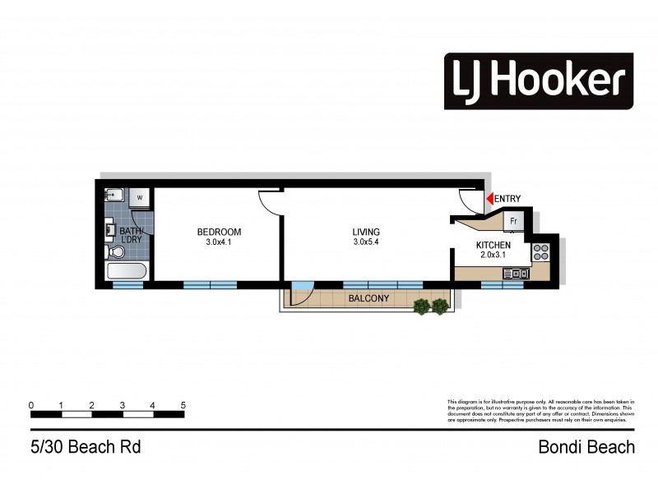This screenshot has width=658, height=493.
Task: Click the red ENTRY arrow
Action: (x=489, y=198)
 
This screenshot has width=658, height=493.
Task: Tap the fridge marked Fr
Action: (x=513, y=221)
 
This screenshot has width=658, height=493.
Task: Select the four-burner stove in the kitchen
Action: (x=541, y=252)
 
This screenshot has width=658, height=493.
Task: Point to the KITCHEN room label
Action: (x=493, y=246)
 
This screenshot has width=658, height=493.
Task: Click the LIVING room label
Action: (x=367, y=233)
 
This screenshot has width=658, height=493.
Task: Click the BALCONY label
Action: (x=368, y=298)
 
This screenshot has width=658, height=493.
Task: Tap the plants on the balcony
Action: (x=432, y=306)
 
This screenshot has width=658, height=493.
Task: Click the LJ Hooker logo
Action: (x=539, y=81)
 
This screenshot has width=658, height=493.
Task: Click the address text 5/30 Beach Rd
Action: (x=86, y=448)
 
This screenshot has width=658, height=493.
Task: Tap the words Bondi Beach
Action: (x=586, y=448)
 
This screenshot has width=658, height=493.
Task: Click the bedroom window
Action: (x=209, y=284)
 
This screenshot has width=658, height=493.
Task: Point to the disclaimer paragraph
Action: (x=540, y=410)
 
